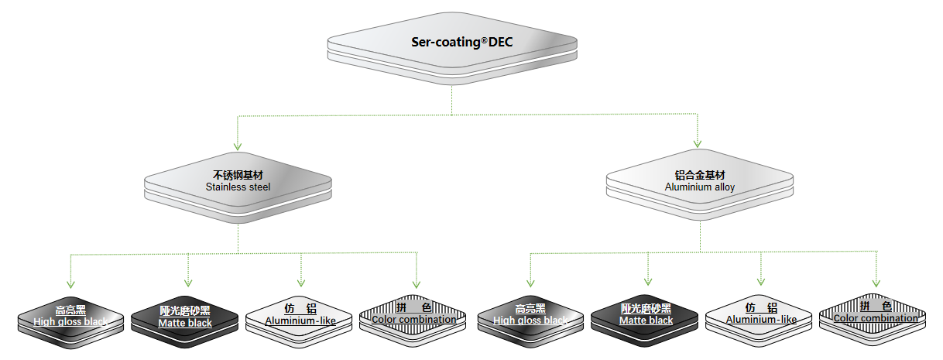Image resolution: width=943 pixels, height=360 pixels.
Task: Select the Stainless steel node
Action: click(x=238, y=183)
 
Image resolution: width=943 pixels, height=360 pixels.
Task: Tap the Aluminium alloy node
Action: click(x=700, y=181)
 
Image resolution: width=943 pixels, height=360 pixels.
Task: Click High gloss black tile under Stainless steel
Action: click(x=70, y=317)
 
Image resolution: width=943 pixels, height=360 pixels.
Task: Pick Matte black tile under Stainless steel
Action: click(x=185, y=317)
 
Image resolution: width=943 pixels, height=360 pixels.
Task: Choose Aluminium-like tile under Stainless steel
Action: click(x=300, y=316)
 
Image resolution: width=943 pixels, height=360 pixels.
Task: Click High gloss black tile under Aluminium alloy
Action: click(x=530, y=316)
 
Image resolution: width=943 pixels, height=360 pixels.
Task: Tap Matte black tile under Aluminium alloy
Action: click(x=646, y=316)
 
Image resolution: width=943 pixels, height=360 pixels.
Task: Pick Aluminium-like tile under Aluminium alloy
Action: click(x=760, y=315)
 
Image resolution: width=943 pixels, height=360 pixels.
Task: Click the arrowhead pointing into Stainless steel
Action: click(x=238, y=145)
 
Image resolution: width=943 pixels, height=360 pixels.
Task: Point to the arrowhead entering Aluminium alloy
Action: click(x=698, y=143)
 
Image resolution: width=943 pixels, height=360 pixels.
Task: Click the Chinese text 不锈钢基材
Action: click(x=238, y=176)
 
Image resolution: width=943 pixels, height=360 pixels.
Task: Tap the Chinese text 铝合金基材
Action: click(x=700, y=176)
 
